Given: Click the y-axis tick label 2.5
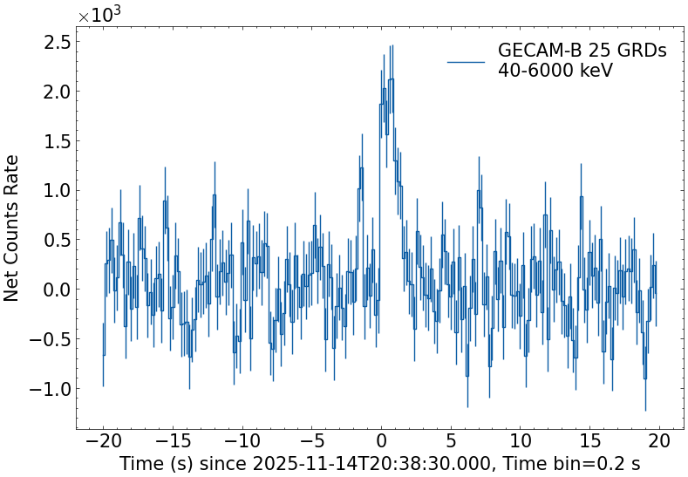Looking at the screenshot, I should point(54,41).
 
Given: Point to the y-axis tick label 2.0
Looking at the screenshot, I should point(54,92).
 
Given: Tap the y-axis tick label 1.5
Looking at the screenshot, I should point(54,141).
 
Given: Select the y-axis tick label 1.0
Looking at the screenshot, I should point(54,191).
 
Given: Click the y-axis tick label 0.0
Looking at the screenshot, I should point(54,290).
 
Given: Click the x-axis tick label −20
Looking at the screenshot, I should point(103,441).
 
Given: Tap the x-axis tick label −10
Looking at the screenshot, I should point(242,441).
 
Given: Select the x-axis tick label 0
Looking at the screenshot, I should point(381,441).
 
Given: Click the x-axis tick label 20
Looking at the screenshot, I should point(659,441).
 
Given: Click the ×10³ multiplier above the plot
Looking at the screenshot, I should point(95,16).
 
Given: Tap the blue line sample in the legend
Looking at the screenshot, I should point(466,62).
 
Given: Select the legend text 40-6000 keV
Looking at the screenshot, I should point(555,72).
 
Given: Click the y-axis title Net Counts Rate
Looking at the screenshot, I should point(12,228).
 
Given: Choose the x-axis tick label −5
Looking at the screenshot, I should point(311,441).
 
